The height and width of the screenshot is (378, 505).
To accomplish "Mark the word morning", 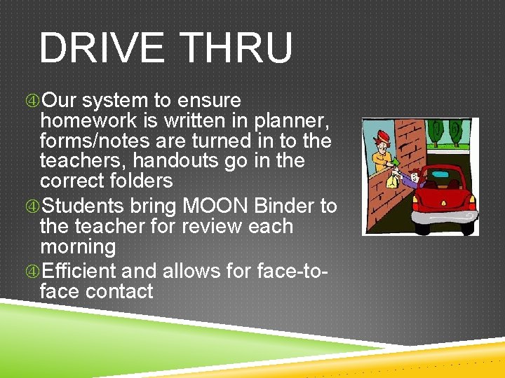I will point(78,247).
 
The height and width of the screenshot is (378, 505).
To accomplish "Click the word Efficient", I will point(79,270).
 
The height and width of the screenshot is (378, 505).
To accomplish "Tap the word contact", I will point(119,290).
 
